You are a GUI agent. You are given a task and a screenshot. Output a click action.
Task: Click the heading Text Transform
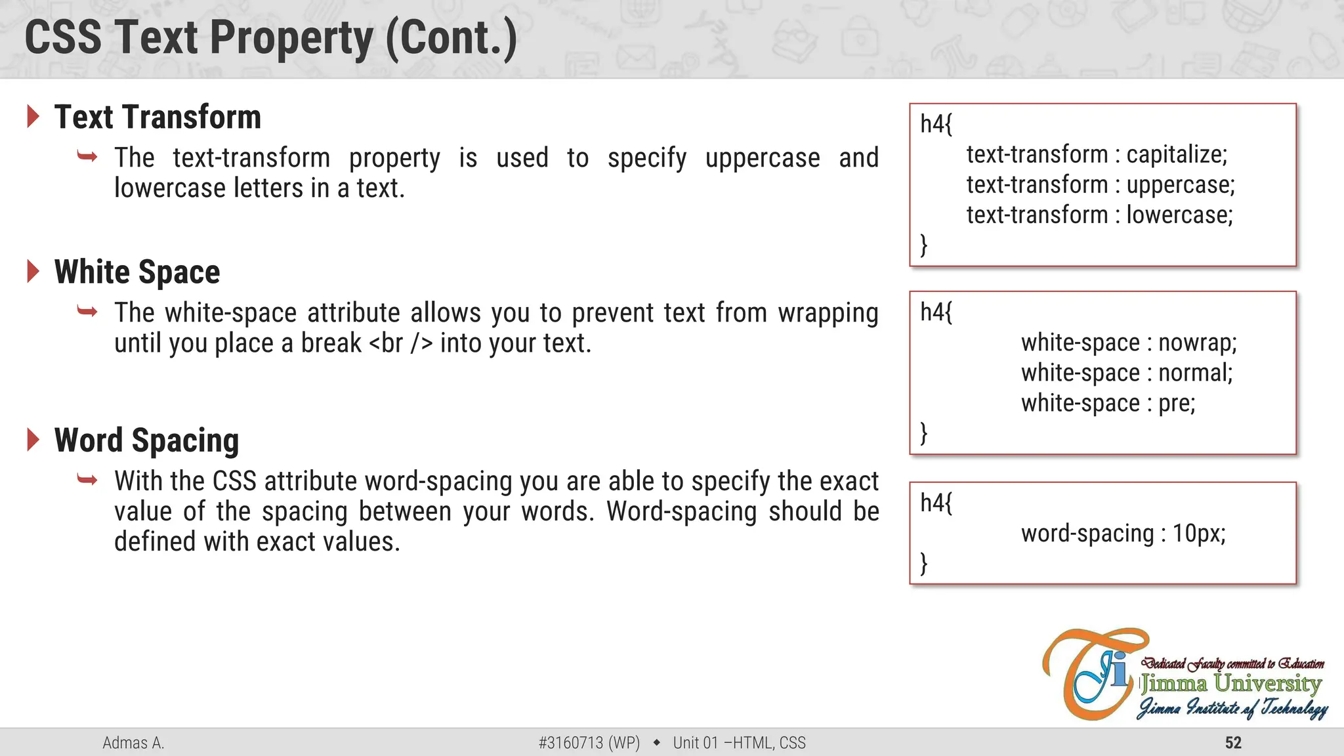point(157,117)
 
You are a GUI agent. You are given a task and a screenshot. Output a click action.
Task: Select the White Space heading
point(137,272)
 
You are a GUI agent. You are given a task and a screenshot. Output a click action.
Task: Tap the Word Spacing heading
point(146,440)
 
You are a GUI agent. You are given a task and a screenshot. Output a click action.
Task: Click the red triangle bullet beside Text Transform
point(33,116)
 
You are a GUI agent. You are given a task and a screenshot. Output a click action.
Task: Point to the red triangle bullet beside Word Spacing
point(33,440)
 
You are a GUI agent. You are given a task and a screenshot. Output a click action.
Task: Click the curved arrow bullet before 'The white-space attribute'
point(87,311)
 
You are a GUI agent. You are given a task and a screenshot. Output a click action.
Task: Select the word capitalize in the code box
point(1176,155)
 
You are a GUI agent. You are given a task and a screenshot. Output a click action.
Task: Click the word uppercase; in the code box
point(1180,185)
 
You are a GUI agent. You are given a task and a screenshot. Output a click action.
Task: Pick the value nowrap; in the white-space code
point(1197,343)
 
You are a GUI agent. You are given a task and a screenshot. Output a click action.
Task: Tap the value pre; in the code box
point(1176,403)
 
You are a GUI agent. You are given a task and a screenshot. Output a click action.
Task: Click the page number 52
point(1233,743)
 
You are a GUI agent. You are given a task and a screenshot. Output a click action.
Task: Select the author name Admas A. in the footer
point(133,743)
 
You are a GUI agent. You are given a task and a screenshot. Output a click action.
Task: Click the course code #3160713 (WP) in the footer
point(589,743)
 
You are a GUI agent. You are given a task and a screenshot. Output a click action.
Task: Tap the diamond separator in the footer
point(656,743)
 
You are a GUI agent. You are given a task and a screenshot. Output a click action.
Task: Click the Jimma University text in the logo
point(1230,684)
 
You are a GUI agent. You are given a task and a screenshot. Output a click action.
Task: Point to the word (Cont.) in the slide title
point(451,38)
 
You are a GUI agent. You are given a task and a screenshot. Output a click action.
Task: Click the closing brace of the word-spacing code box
point(924,563)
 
